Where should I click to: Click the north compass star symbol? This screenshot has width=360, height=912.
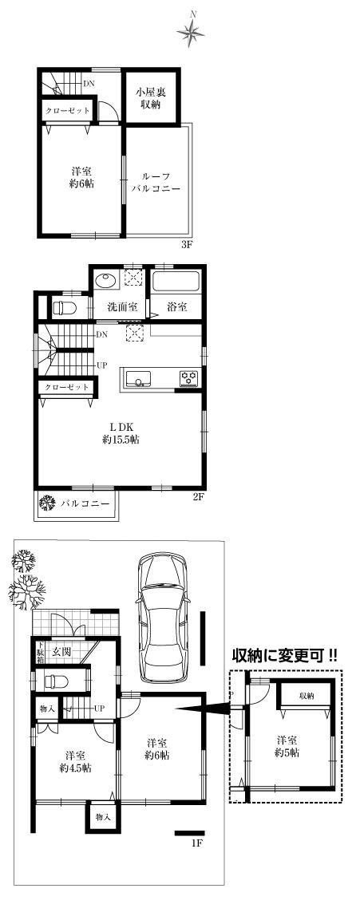coord(192,31)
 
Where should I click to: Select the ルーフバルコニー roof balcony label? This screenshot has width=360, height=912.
coord(156,183)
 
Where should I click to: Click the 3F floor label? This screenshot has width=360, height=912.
coord(187,245)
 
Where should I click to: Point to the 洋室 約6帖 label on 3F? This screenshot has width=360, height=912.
coord(80,177)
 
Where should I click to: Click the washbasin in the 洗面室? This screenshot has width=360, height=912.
coord(105,281)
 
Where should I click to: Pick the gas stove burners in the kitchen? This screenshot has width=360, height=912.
coord(189,377)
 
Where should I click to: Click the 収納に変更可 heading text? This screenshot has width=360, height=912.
coord(284,655)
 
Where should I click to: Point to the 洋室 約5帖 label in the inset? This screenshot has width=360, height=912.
coord(287,746)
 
